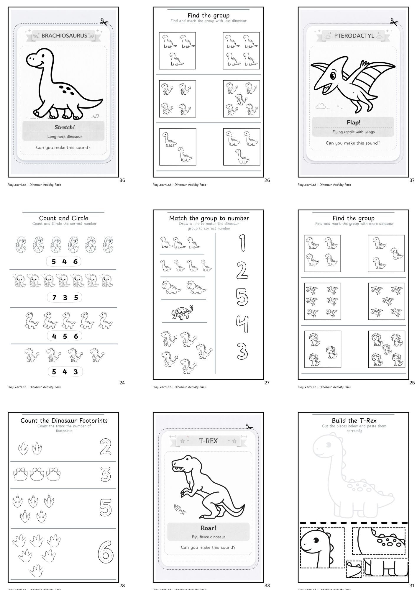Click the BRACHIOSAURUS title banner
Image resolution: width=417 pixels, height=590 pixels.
tap(64, 36)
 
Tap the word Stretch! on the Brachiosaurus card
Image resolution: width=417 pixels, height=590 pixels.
tap(65, 127)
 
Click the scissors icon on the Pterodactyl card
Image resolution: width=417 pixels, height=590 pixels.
tap(394, 22)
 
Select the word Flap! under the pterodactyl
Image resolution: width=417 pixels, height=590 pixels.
tap(353, 122)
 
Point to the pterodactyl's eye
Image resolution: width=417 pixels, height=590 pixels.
tap(333, 76)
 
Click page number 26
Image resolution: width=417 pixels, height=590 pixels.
tap(267, 180)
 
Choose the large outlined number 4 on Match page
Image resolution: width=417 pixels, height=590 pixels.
tap(242, 324)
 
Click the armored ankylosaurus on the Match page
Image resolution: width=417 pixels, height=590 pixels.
tap(183, 312)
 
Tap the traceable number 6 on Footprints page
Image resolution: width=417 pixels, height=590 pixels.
tap(105, 551)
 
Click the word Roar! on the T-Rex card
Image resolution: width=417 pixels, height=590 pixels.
tap(208, 528)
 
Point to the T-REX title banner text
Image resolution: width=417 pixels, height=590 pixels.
tap(208, 441)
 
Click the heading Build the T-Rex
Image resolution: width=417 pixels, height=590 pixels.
tap(354, 420)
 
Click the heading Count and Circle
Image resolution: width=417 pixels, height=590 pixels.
tap(64, 218)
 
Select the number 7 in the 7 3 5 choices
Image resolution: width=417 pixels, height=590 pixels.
tap(54, 298)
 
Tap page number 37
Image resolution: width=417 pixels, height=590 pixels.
tap(412, 180)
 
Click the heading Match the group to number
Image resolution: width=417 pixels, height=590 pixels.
tap(209, 218)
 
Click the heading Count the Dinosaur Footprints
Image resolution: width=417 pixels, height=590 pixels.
tap(64, 421)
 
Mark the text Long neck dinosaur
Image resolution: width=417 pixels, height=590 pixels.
tap(65, 137)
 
